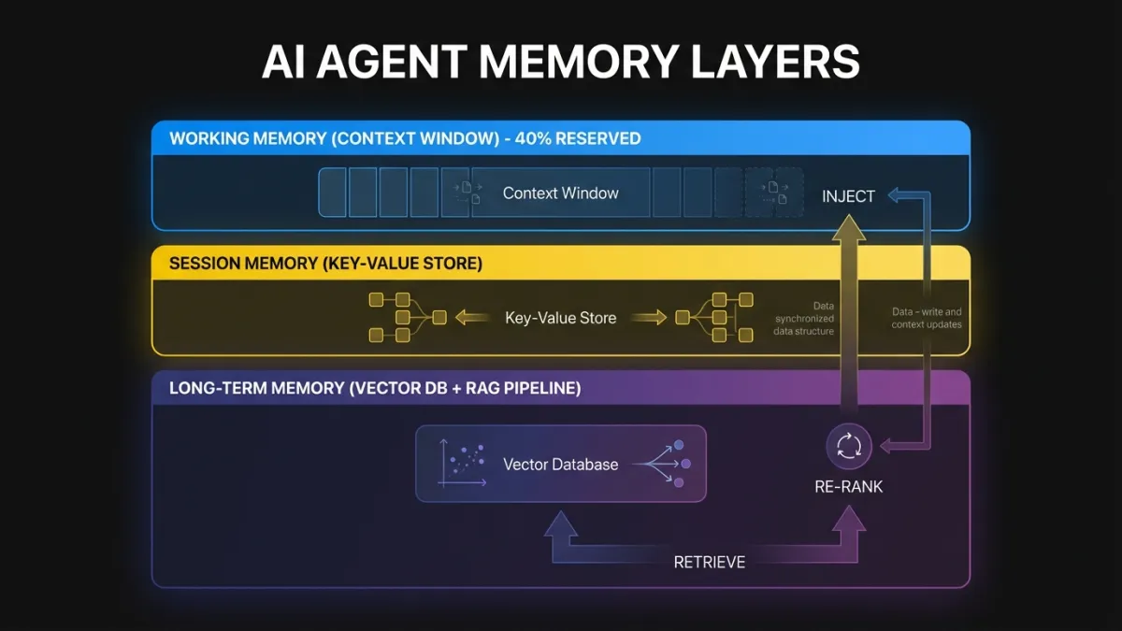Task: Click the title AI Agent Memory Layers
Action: tap(560, 63)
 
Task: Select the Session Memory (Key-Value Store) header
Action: tap(325, 264)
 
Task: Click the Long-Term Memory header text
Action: tap(375, 388)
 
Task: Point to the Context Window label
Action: tap(560, 194)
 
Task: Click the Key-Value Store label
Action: tap(560, 318)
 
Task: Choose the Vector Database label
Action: tap(560, 464)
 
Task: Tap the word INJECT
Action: tap(848, 196)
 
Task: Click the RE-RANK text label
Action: tap(848, 486)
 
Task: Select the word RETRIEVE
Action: tap(710, 562)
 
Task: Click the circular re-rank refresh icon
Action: tap(848, 446)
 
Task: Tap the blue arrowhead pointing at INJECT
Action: tap(893, 195)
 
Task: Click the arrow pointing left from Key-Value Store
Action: tap(472, 318)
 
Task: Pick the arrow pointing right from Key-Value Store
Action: tap(649, 318)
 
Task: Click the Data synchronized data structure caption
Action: tap(804, 318)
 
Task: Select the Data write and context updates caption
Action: tap(926, 318)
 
